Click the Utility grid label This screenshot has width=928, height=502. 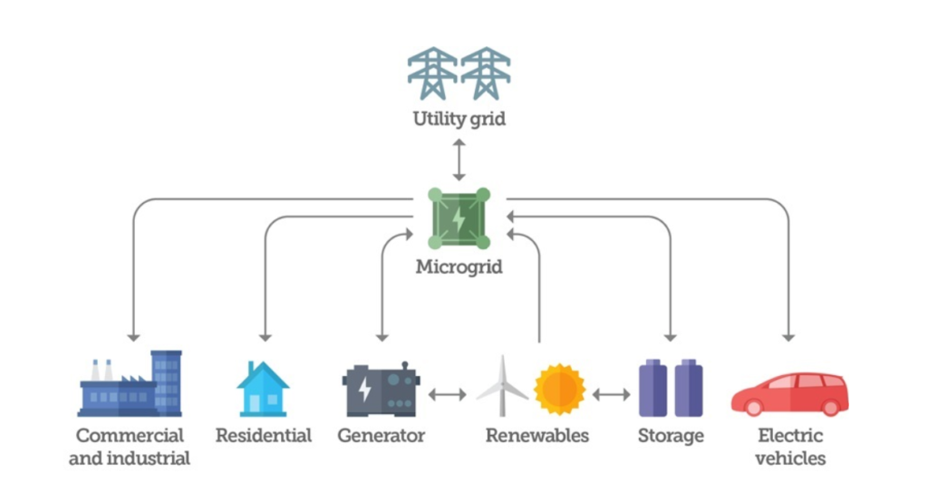[459, 119]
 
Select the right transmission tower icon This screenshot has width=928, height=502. [486, 73]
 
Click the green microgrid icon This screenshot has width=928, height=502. [459, 218]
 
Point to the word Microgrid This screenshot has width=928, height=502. [459, 267]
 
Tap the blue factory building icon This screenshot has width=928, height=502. [130, 384]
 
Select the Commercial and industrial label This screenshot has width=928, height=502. [130, 447]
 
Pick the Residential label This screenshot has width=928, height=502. [263, 436]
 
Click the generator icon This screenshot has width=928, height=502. [381, 391]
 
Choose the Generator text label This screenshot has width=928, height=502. [381, 436]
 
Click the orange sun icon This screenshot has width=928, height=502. [559, 389]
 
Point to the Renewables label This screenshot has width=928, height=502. [536, 436]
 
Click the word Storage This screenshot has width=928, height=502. [671, 436]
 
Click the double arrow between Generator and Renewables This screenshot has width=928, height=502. [448, 395]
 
